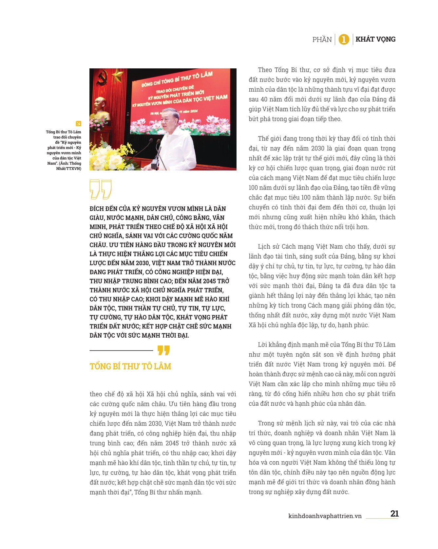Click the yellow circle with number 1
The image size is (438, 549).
(344, 40)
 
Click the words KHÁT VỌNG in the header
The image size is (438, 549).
(375, 39)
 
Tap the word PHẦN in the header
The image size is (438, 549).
(322, 40)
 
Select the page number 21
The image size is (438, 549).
(394, 513)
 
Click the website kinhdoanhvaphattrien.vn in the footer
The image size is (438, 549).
(325, 516)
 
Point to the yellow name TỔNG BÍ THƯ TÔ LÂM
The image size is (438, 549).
(130, 366)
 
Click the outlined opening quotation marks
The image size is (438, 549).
(100, 189)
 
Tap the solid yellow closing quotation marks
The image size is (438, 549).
(163, 350)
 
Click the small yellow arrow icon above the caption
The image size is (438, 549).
(78, 123)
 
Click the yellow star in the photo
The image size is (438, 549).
(117, 76)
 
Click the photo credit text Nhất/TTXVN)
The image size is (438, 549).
(68, 168)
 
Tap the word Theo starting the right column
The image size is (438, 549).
(265, 70)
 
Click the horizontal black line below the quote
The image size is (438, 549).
(121, 350)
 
